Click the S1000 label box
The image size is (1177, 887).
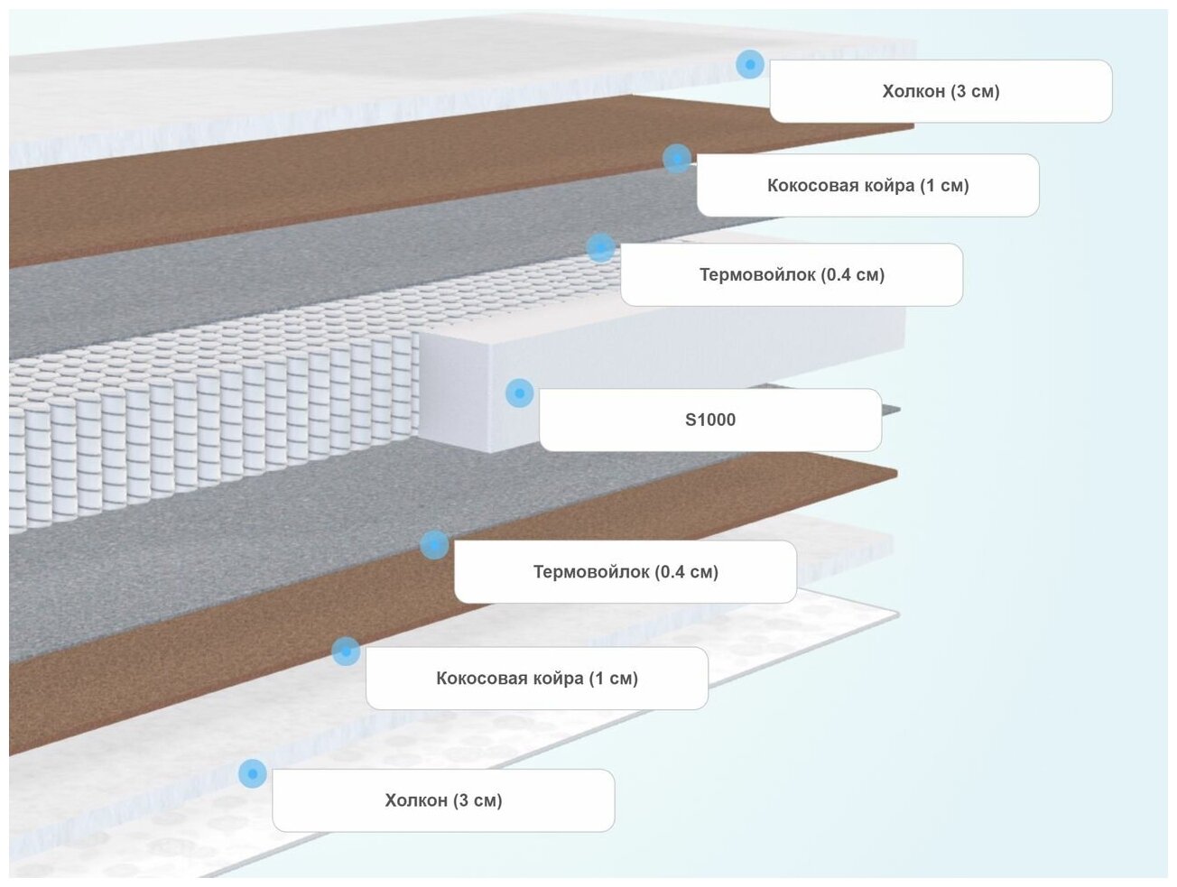[710, 420]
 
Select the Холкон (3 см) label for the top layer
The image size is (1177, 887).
[941, 91]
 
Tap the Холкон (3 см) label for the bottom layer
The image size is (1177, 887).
[443, 800]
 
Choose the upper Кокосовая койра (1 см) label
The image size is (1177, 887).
[867, 185]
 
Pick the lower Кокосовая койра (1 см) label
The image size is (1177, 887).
[537, 678]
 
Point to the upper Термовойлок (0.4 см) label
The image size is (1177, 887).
[792, 274]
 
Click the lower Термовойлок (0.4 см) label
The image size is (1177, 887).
[626, 571]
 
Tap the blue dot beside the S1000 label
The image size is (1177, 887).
[519, 393]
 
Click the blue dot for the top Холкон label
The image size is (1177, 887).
[749, 65]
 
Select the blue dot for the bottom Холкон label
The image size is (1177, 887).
[252, 773]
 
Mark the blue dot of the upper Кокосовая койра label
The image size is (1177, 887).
[676, 159]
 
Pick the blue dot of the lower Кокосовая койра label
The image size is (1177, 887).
[345, 651]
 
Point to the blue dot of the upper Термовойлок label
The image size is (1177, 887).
[600, 248]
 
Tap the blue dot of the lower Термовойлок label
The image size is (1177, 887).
[434, 545]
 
